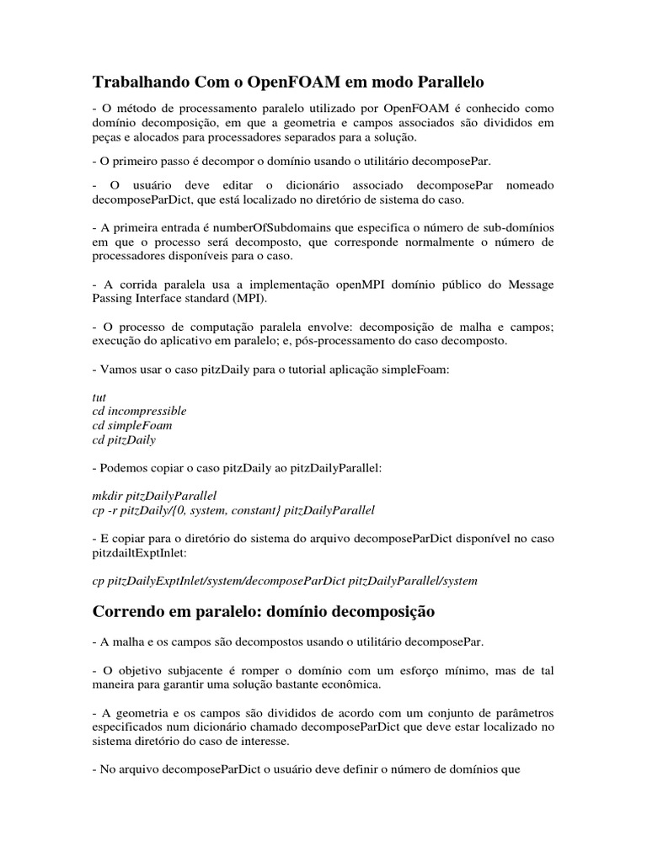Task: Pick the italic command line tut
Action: coord(99,396)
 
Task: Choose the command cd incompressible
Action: coord(139,411)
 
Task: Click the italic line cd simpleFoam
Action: coord(131,425)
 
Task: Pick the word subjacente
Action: coord(188,669)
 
